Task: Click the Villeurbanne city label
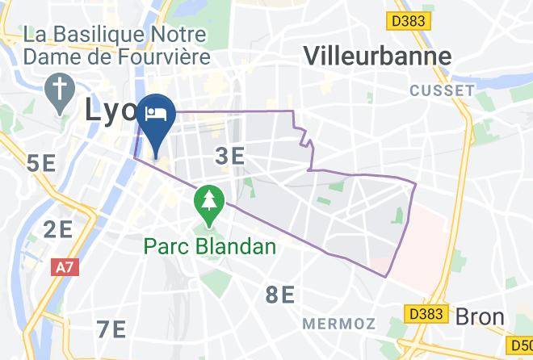coord(377,55)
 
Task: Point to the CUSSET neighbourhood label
coord(441,90)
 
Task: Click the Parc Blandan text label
coord(210,245)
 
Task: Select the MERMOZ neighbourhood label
coord(339,323)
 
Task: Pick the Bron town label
coord(480,316)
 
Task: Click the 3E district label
coord(230,156)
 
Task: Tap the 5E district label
coord(41,165)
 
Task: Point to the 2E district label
coord(58,229)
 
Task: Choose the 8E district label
coord(280,295)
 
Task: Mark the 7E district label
coord(111,329)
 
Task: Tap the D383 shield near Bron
coord(425,312)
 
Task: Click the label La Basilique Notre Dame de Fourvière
coord(117,46)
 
